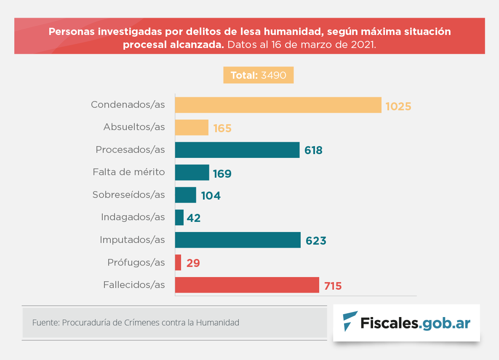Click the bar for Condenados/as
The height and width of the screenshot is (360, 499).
click(x=278, y=105)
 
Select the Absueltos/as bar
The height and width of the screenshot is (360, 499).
click(x=192, y=128)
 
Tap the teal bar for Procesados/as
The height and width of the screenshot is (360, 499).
click(x=237, y=150)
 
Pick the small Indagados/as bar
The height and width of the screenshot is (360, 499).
click(x=179, y=217)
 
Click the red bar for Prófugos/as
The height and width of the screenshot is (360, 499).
click(x=178, y=262)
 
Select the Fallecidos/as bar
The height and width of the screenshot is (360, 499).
click(x=247, y=285)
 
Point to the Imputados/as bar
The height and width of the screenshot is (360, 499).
click(x=237, y=240)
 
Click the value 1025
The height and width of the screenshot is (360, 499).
click(x=398, y=106)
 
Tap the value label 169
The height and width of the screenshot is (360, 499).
click(x=222, y=173)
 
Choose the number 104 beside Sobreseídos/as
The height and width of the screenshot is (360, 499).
click(x=211, y=195)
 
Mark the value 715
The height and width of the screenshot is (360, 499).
click(x=333, y=286)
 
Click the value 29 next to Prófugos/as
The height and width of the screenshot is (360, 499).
click(x=193, y=264)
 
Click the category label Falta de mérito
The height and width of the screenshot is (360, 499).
click(x=128, y=172)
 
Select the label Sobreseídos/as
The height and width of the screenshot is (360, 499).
click(x=128, y=195)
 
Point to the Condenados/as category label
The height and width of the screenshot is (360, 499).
click(x=128, y=104)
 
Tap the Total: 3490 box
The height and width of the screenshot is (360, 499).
click(x=258, y=75)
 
